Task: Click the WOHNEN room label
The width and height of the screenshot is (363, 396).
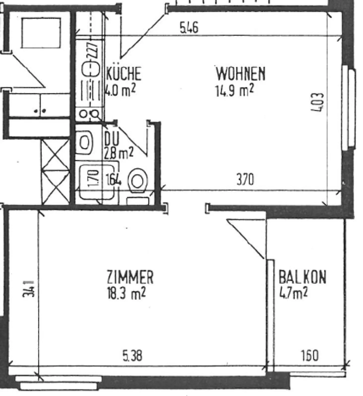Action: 240,74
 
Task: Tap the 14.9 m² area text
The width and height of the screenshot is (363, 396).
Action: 234,90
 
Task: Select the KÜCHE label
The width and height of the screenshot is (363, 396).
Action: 124,74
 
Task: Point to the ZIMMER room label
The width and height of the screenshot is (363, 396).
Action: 130,277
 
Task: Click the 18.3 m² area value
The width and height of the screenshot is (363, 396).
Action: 126,293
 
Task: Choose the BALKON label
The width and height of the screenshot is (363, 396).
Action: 302,277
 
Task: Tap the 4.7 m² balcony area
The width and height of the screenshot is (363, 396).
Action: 293,293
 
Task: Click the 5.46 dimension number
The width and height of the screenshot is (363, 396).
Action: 189,28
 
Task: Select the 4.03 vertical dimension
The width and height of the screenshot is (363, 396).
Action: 317,102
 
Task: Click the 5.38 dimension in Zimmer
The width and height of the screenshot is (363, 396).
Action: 132,356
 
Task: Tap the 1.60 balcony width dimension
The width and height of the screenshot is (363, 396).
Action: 310,356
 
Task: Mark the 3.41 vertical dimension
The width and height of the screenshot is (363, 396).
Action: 28,289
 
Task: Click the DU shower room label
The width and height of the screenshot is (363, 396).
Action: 112,139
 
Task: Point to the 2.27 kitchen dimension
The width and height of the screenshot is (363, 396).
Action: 93,50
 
